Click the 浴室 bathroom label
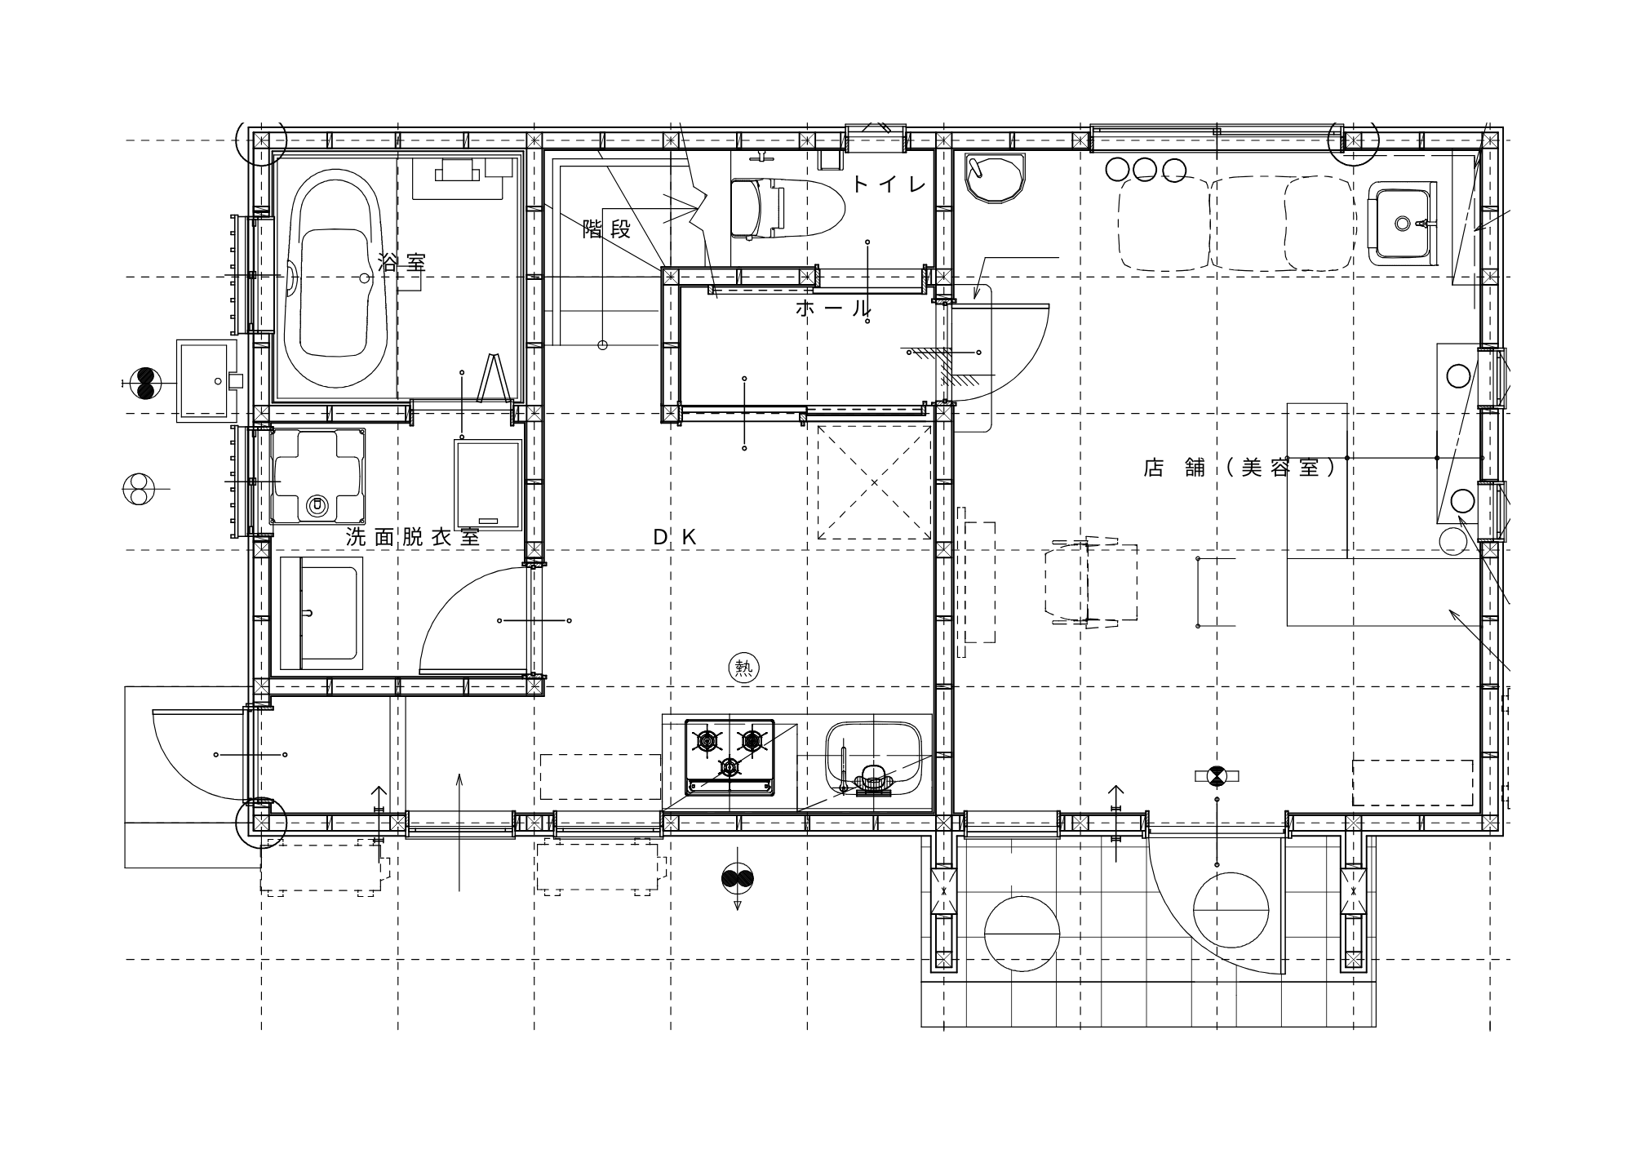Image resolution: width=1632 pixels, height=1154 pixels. coord(401,262)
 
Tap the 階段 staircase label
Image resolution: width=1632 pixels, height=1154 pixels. coord(607,229)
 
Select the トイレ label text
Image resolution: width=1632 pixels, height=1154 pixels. coord(890,185)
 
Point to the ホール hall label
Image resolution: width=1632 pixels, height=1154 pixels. coord(833,308)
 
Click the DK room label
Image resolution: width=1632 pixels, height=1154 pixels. coord(676,537)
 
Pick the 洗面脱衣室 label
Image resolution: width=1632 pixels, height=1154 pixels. coord(413,537)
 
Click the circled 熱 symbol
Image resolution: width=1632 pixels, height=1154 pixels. coord(743,668)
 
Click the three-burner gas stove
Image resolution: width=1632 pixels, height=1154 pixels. coord(730,757)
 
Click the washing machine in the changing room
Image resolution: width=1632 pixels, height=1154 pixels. coord(318,476)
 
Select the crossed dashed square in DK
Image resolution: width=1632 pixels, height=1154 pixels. coord(875,482)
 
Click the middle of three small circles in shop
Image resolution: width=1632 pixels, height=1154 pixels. coord(1145,170)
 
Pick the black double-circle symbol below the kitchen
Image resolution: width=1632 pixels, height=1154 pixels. coord(738,878)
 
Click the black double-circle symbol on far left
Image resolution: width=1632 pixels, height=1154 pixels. coord(146,383)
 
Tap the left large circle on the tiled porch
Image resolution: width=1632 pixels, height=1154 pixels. coord(1022,933)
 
